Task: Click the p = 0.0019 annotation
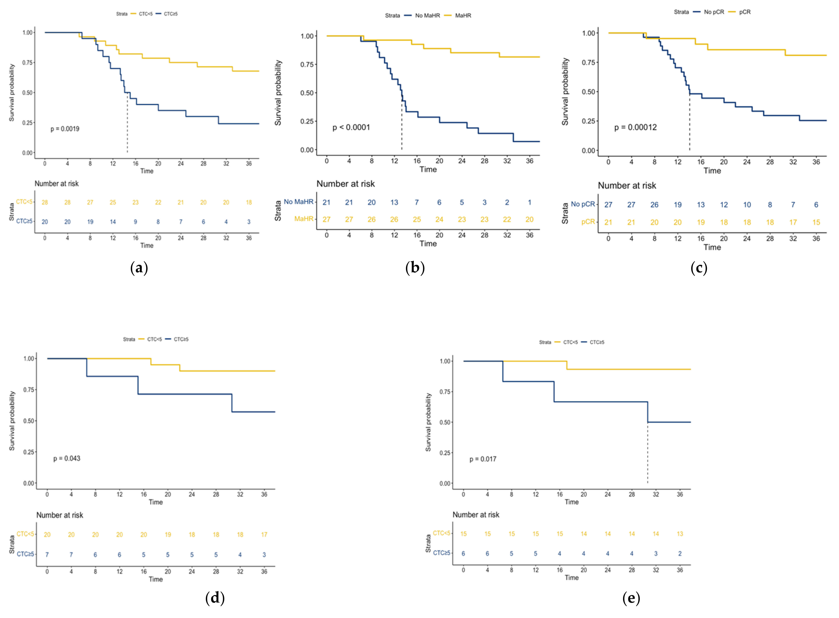click(65, 129)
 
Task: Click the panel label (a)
click(139, 268)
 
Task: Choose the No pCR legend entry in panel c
click(714, 12)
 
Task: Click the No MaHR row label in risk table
click(298, 202)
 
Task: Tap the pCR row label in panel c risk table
click(588, 222)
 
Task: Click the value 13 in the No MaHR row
click(394, 202)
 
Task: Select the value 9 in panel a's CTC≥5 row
click(136, 222)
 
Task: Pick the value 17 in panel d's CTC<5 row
click(264, 535)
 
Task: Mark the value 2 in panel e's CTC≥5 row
click(680, 554)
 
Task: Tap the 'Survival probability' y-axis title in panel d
click(12, 421)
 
